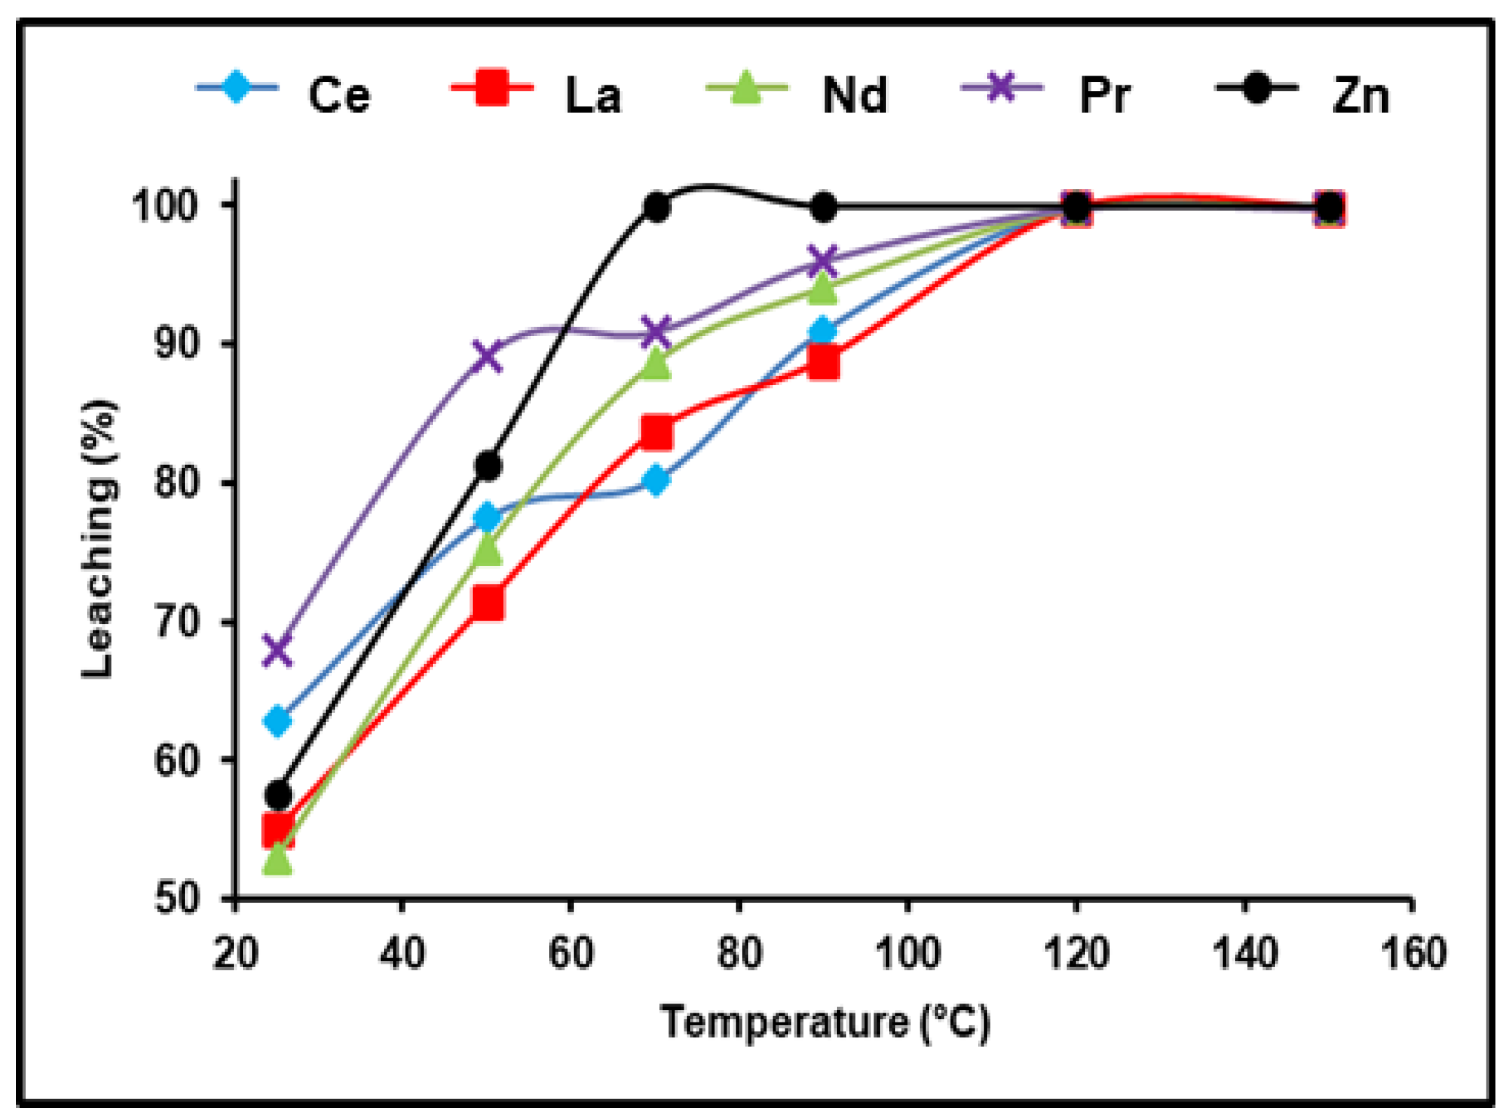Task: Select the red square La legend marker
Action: coord(491,88)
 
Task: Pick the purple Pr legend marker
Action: coord(1001,88)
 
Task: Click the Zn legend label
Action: coord(1360,96)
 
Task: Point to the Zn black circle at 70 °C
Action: coord(656,207)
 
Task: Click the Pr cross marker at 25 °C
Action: coord(277,649)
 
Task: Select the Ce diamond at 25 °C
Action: coord(277,721)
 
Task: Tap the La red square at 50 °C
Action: coord(488,603)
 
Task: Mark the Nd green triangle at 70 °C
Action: coord(656,363)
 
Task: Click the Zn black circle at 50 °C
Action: coord(488,466)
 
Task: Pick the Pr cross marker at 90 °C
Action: coord(823,261)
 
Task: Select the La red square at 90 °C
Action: coord(823,363)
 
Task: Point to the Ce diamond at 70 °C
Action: coord(656,481)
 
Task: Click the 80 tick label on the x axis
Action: coord(739,954)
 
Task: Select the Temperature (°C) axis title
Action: coord(825,1022)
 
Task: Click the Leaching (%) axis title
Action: coord(97,539)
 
